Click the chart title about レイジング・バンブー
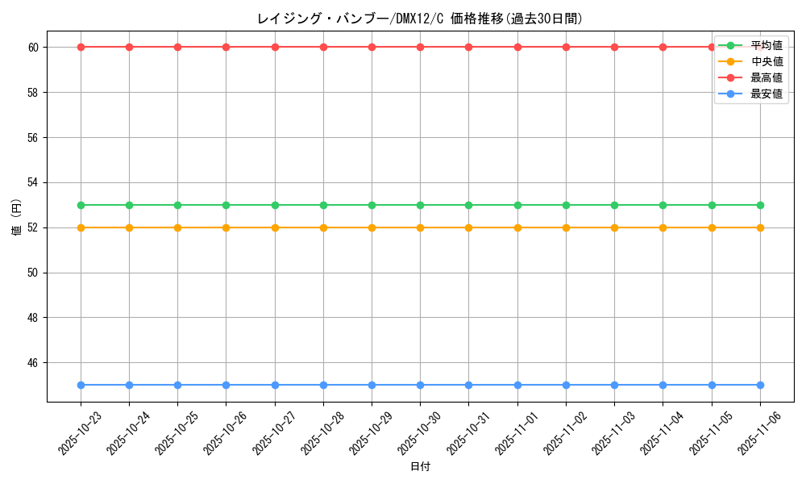tap(420, 19)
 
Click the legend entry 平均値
tap(766, 45)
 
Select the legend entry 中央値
tap(766, 61)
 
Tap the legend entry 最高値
tap(766, 77)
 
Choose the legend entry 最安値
tap(766, 94)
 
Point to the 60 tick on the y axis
tap(34, 47)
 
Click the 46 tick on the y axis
tap(34, 363)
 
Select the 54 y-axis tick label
tap(34, 182)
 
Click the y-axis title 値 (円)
tap(17, 218)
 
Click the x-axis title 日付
tap(420, 467)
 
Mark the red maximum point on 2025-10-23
tap(81, 47)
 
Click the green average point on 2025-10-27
tap(275, 205)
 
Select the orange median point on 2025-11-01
tap(517, 227)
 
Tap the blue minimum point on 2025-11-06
tap(760, 385)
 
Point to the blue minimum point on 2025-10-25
tap(177, 385)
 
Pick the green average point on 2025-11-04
tap(663, 205)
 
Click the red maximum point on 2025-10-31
tap(468, 47)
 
